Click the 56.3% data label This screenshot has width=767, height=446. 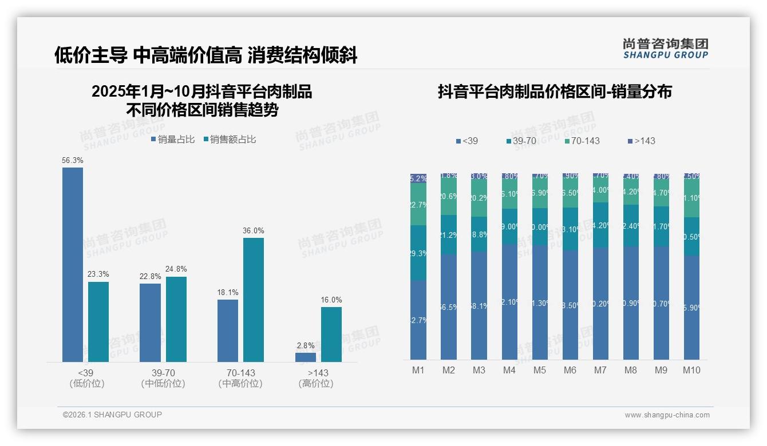pos(73,161)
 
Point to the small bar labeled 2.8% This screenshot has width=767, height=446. pos(306,357)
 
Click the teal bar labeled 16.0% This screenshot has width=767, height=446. pos(331,334)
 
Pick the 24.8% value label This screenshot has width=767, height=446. pos(176,269)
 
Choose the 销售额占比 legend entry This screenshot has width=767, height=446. pos(230,140)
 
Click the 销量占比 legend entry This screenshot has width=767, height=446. pos(173,140)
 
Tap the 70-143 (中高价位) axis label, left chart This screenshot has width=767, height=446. pos(240,378)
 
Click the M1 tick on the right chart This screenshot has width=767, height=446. pos(418,370)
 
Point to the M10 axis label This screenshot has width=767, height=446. pos(691,370)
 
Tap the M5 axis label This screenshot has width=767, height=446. pos(540,370)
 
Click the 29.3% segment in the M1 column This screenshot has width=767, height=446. pos(418,253)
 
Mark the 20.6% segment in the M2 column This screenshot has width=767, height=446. pos(449,196)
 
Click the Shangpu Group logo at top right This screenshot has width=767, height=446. pos(666,48)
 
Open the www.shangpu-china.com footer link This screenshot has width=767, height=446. pos(667,415)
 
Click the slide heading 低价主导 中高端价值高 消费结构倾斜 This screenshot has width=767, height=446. pos(206,55)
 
